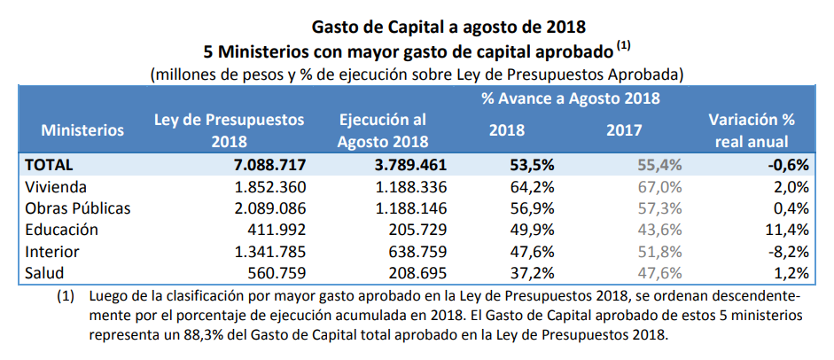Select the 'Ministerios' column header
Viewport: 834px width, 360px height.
[82, 130]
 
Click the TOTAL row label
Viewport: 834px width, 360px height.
[50, 165]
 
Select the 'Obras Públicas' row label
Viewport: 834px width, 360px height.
[78, 208]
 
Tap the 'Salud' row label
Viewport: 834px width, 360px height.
[45, 272]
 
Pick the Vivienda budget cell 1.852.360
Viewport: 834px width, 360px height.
[269, 187]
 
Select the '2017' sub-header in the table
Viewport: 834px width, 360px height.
[625, 130]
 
